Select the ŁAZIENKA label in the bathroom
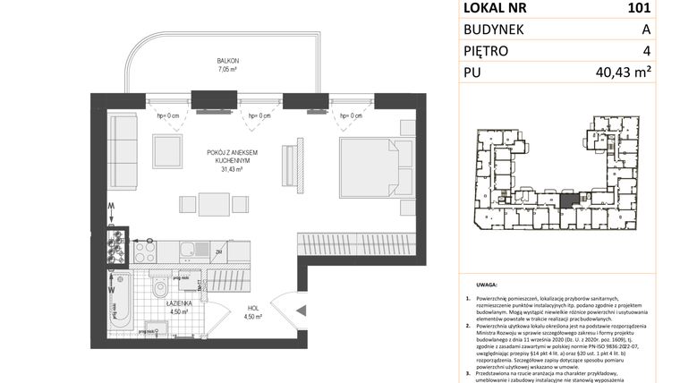pos(183,304)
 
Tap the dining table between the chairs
pos(214,205)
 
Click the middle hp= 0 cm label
pos(264,115)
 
